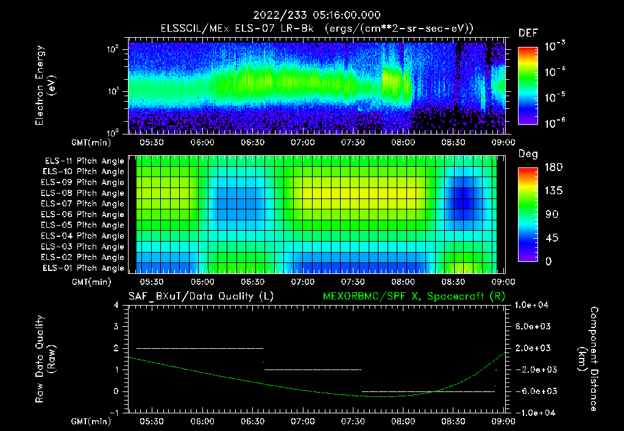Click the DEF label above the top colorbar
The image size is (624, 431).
(528, 33)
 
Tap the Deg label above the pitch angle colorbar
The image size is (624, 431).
(528, 154)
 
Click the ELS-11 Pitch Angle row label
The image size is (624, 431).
(83, 161)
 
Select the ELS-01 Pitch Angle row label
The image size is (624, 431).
(83, 268)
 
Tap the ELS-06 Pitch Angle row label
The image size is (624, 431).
(83, 215)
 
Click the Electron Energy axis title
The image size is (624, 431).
(46, 85)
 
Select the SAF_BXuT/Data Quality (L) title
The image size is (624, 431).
(200, 296)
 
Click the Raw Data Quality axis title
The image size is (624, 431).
(46, 359)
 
